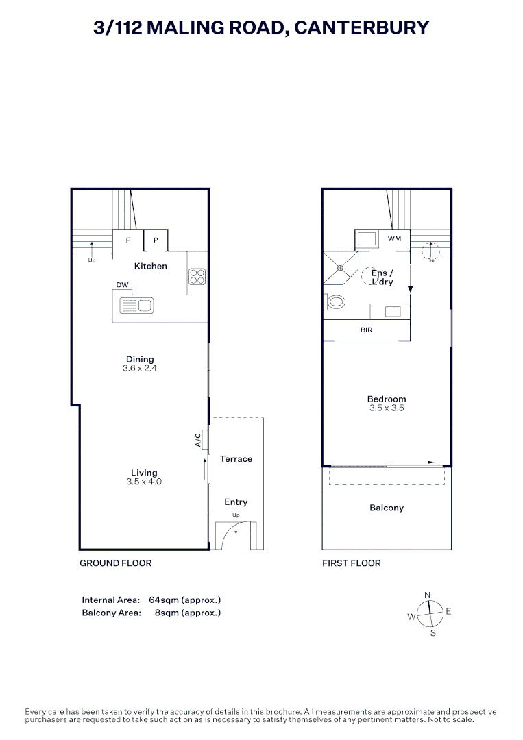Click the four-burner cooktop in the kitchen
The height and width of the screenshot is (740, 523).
pyautogui.click(x=197, y=276)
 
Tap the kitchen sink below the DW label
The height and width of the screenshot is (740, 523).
pyautogui.click(x=136, y=306)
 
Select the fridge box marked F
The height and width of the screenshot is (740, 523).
pyautogui.click(x=127, y=241)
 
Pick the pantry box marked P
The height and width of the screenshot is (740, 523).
pyautogui.click(x=156, y=241)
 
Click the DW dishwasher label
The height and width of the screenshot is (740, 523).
pyautogui.click(x=122, y=284)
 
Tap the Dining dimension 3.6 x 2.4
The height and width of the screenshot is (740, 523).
pyautogui.click(x=140, y=369)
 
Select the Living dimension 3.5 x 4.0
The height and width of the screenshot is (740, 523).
pyautogui.click(x=144, y=482)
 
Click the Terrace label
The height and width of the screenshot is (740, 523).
pyautogui.click(x=236, y=459)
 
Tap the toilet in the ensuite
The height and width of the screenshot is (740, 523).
pyautogui.click(x=336, y=301)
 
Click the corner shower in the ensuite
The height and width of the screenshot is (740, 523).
pyautogui.click(x=339, y=268)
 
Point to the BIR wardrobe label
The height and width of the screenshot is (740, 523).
pyautogui.click(x=367, y=330)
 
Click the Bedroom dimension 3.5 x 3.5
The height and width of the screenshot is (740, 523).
pyautogui.click(x=387, y=408)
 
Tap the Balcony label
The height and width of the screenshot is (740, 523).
pyautogui.click(x=387, y=508)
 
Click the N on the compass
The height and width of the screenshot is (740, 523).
pyautogui.click(x=428, y=595)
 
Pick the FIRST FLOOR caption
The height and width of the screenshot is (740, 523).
pyautogui.click(x=352, y=563)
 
